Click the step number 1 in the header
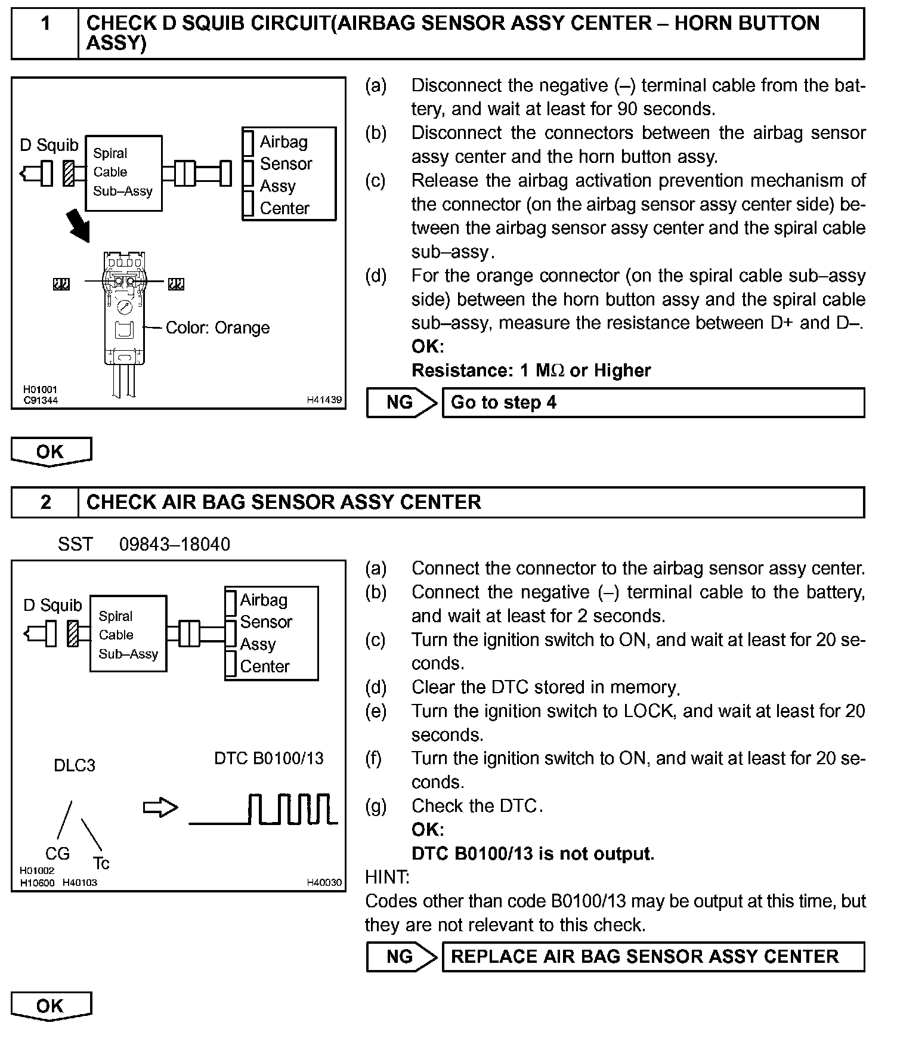[x=45, y=24]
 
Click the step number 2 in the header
[x=45, y=502]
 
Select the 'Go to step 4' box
[x=652, y=403]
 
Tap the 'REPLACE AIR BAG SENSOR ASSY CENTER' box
[x=652, y=957]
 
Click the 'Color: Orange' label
[x=217, y=328]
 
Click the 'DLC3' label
[x=75, y=765]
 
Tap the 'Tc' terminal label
[x=101, y=863]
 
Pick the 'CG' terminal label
[x=57, y=854]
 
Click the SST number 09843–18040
[x=174, y=544]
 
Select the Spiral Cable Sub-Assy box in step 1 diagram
[x=123, y=173]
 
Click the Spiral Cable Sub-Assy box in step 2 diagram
[x=128, y=634]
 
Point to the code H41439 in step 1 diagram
[x=324, y=400]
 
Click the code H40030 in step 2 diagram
[x=324, y=882]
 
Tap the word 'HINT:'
[x=387, y=877]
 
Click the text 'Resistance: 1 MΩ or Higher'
[x=531, y=370]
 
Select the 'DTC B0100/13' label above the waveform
[x=268, y=758]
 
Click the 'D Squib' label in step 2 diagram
[x=52, y=605]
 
